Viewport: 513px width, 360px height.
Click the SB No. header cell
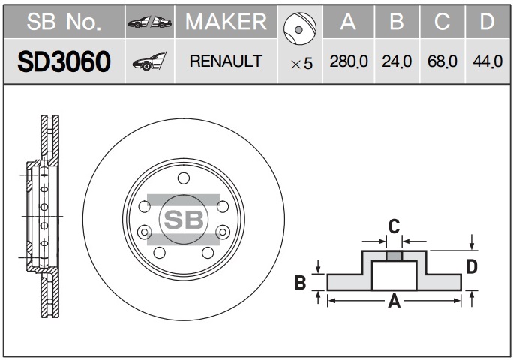pyautogui.click(x=63, y=22)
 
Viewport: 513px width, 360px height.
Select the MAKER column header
pyautogui.click(x=226, y=22)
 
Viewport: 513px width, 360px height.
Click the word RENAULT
pyautogui.click(x=226, y=61)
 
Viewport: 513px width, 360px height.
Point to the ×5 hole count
pyautogui.click(x=301, y=64)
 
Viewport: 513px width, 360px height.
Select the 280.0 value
pyautogui.click(x=348, y=62)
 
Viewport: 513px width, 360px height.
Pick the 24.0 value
pyautogui.click(x=397, y=62)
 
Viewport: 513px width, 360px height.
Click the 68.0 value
pyautogui.click(x=442, y=62)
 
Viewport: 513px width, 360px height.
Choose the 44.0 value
pyautogui.click(x=487, y=62)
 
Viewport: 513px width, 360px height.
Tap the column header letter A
pyautogui.click(x=347, y=22)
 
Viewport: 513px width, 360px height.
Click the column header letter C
pyautogui.click(x=442, y=22)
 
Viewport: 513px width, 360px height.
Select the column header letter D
pyautogui.click(x=487, y=22)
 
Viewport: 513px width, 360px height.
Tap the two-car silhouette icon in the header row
pyautogui.click(x=149, y=23)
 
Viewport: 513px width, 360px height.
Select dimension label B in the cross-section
pyautogui.click(x=300, y=282)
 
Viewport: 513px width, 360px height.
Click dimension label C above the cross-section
pyautogui.click(x=392, y=226)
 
